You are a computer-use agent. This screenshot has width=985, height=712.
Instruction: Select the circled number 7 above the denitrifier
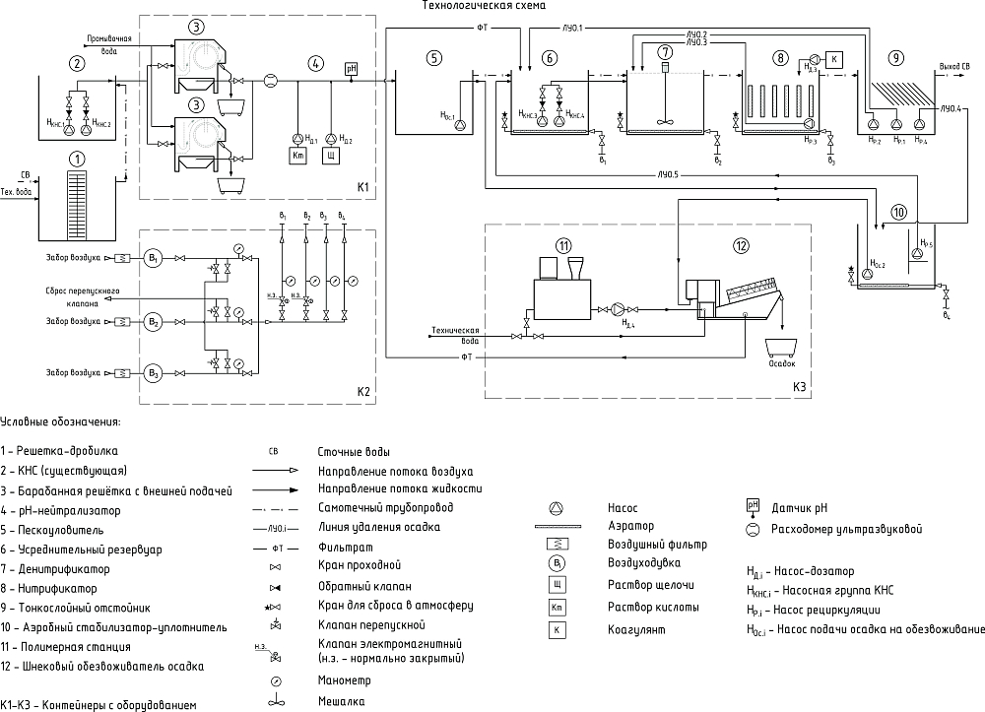coord(666,51)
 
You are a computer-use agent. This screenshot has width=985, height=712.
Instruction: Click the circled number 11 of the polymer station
coord(562,245)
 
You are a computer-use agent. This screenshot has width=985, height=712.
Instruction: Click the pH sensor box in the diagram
coord(351,68)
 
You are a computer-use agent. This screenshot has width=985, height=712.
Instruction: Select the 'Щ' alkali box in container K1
coord(331,156)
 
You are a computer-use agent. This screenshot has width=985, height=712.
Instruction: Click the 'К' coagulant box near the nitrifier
coord(835,58)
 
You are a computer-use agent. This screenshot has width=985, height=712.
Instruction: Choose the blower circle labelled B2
coord(153,322)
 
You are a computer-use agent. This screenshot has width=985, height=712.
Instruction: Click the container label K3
coord(799,386)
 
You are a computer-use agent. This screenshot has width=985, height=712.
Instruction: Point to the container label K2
coord(362,392)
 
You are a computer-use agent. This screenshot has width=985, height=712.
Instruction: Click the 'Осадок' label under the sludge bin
coord(782,362)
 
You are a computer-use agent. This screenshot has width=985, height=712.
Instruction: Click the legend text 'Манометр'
coord(341,680)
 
